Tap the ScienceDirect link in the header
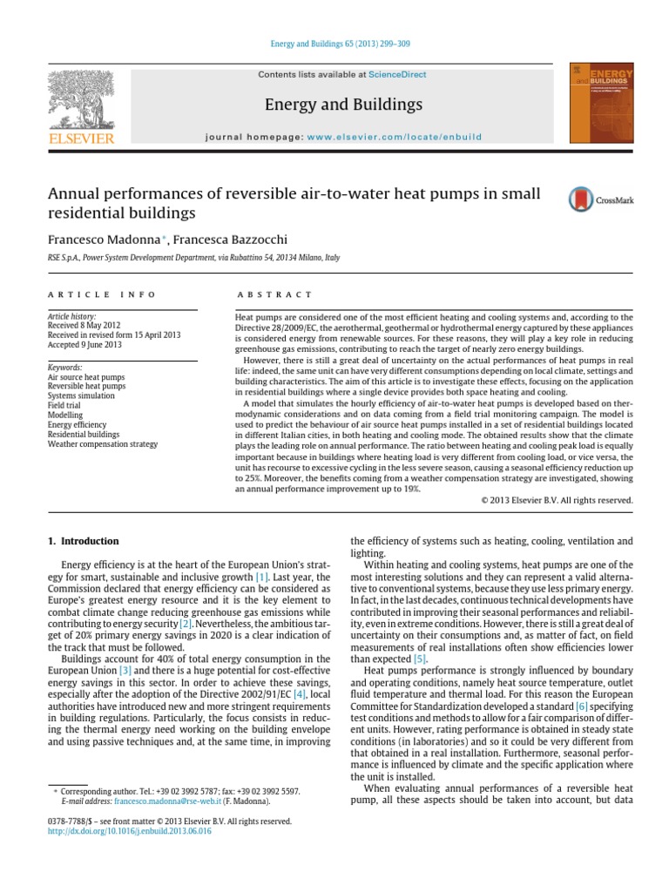tap(397, 75)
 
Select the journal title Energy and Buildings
tap(342, 105)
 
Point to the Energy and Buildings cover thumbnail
tap(601, 102)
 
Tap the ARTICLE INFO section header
tap(103, 295)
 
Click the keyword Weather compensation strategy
tap(103, 444)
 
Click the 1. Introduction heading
tap(83, 541)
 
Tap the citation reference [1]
tap(261, 577)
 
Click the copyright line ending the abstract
tap(557, 500)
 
